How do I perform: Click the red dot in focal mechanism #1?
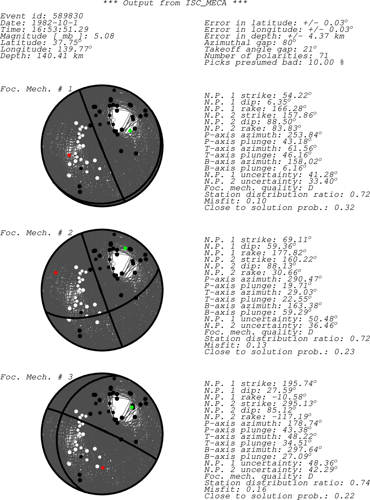(69, 155)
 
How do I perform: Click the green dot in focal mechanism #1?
(130, 131)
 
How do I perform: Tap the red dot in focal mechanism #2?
(56, 273)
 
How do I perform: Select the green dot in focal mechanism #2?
(126, 248)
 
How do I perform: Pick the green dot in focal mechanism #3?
(132, 407)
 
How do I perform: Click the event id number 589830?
(68, 16)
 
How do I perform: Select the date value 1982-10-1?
(55, 23)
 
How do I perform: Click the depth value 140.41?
(52, 56)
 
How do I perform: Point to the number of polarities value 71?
(323, 56)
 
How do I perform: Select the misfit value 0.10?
(256, 201)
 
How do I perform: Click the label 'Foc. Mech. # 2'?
(36, 233)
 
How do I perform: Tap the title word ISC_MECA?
(206, 3)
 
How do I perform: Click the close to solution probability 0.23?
(344, 352)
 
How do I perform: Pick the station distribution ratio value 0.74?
(360, 483)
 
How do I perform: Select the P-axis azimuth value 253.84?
(303, 135)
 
